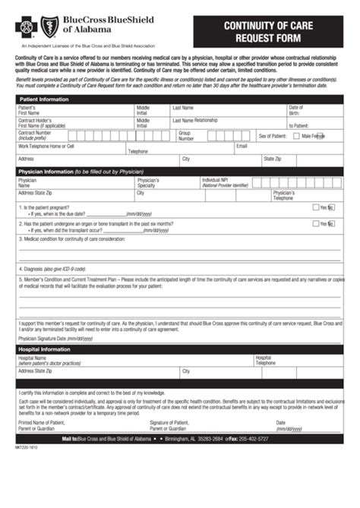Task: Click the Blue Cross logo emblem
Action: point(27,29)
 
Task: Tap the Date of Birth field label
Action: point(295,111)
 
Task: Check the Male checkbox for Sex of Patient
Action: point(296,136)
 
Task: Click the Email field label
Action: point(242,145)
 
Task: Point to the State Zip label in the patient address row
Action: point(272,159)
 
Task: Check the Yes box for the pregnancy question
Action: point(316,207)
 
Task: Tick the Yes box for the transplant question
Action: point(316,223)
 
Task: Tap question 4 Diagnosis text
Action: point(53,269)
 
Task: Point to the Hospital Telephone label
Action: point(266,360)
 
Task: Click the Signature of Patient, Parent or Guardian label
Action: point(169,425)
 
